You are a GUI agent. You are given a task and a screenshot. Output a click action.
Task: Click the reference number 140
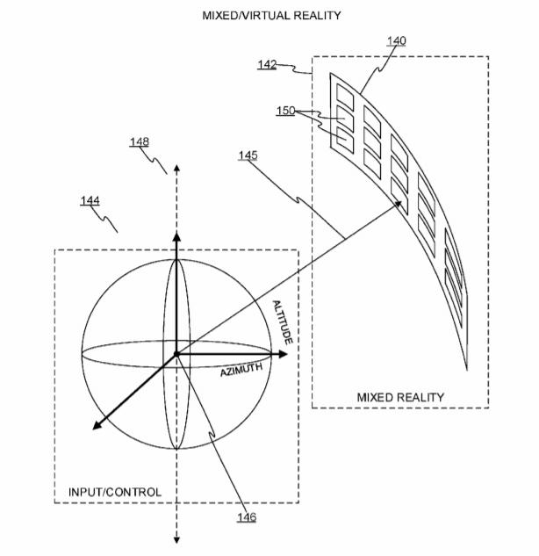[x=396, y=40]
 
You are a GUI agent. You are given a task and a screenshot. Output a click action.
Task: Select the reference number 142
[x=267, y=64]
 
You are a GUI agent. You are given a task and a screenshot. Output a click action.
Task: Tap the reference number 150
[x=285, y=111]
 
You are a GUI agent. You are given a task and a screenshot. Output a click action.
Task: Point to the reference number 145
[x=248, y=155]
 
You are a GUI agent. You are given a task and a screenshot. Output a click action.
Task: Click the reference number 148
[x=140, y=141]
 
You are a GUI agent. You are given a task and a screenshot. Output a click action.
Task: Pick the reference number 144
[x=90, y=200]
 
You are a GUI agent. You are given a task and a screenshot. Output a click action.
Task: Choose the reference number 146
[x=247, y=517]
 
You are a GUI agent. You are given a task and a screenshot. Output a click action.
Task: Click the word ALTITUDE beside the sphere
[x=283, y=322]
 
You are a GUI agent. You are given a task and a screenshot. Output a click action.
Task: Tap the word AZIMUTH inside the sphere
[x=241, y=370]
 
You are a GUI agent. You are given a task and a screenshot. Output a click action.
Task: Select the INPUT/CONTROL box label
[x=115, y=492]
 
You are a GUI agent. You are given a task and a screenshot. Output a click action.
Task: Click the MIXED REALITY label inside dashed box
[x=400, y=397]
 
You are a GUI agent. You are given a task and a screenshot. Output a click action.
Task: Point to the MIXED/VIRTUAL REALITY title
[x=271, y=16]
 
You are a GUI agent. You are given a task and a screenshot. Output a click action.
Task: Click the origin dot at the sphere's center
[x=176, y=354]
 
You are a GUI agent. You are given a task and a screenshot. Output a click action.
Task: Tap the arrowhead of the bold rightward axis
[x=284, y=354]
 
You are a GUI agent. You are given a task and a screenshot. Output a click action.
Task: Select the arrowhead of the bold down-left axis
[x=97, y=425]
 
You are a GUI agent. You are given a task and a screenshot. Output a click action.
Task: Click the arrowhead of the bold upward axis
[x=176, y=236]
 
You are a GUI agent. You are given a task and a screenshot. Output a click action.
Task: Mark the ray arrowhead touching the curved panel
[x=399, y=204]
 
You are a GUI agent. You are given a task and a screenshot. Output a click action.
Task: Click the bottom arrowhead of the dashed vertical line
[x=176, y=540]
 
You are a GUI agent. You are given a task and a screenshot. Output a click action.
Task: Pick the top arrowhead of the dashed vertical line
[x=176, y=168]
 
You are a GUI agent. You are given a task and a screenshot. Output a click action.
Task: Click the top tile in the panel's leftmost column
[x=345, y=96]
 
